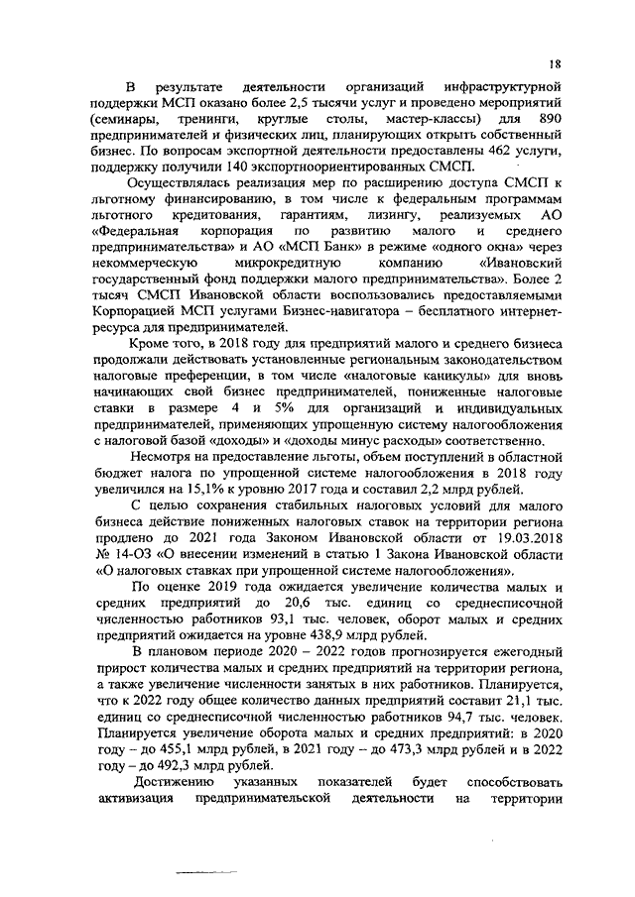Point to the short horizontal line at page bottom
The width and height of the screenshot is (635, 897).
[208, 871]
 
